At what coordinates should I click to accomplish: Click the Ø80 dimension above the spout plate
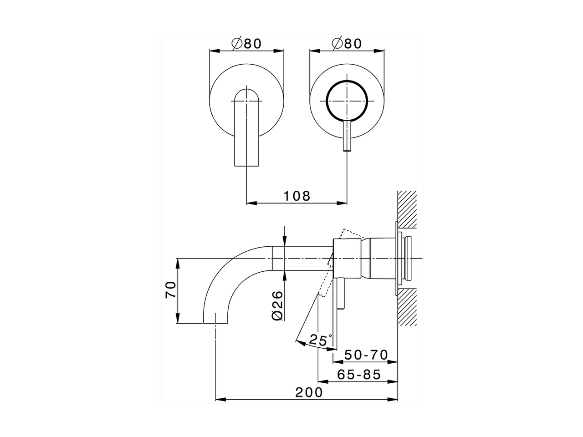(x=246, y=43)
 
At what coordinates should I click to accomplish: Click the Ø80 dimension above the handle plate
(x=347, y=43)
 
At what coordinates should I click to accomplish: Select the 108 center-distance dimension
(x=297, y=196)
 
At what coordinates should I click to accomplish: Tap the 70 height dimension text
(x=170, y=290)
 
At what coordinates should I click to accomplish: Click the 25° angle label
(x=320, y=340)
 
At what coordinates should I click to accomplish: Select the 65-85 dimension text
(x=359, y=375)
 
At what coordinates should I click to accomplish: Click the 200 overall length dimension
(x=308, y=392)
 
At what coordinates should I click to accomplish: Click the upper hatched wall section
(x=407, y=209)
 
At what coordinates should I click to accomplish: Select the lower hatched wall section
(x=407, y=308)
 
